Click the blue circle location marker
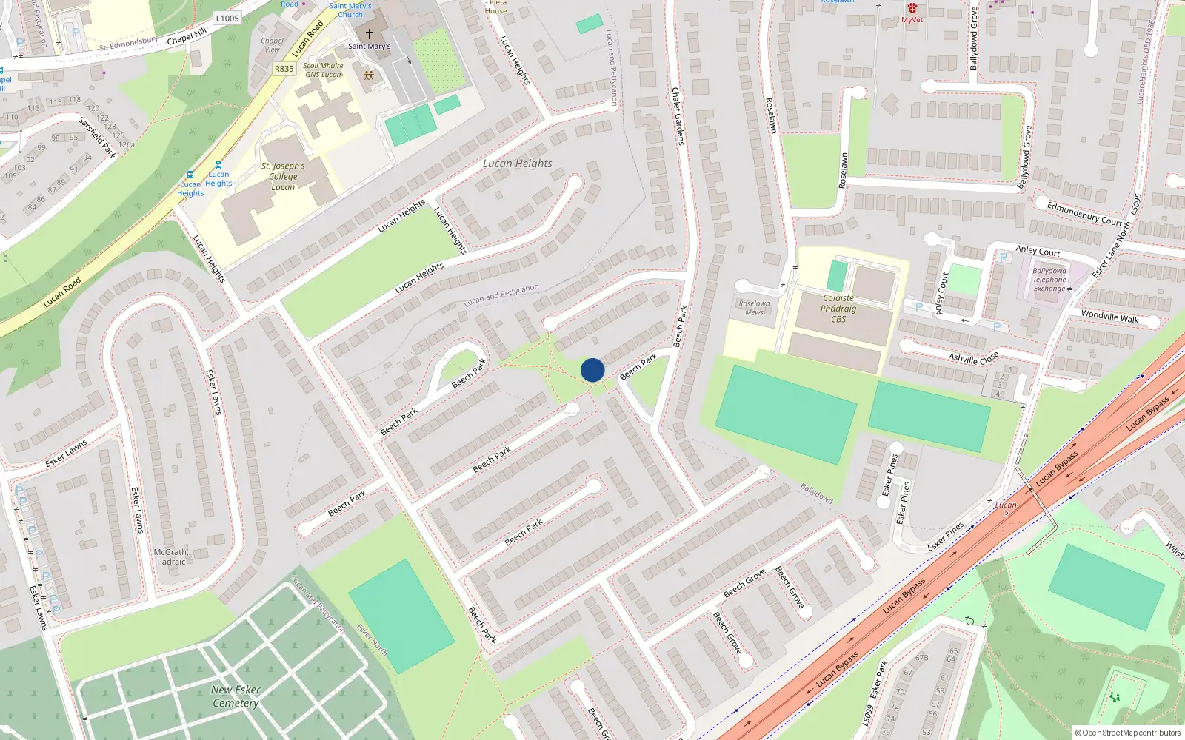592,370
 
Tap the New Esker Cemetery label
236,696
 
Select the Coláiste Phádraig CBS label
838,309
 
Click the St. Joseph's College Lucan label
283,177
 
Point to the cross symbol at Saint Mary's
370,34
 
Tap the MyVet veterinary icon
912,8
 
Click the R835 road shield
284,69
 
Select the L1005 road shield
227,18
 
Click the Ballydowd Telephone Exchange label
1049,280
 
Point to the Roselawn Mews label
754,308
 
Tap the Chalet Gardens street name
677,116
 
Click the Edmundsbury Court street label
1084,214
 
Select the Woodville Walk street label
1109,317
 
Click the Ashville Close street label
973,358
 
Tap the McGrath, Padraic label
171,557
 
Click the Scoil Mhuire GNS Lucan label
324,70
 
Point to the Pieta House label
496,7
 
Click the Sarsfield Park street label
97,137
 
